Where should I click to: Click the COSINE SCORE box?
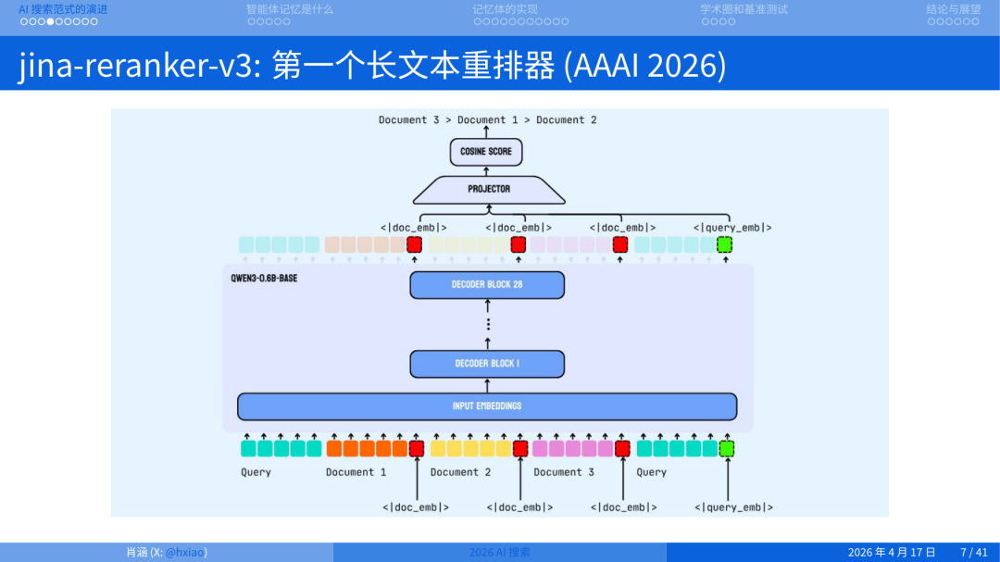[486, 152]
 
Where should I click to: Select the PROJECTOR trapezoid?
[488, 189]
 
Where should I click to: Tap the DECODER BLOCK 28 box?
[487, 284]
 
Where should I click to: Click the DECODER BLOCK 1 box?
[487, 364]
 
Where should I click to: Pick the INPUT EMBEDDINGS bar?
[487, 406]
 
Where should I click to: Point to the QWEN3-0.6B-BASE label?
[264, 278]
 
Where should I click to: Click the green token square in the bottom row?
[726, 449]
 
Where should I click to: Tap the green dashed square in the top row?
[725, 244]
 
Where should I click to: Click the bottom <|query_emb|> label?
[733, 507]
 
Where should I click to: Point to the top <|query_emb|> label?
[732, 228]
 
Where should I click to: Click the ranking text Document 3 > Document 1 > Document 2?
[487, 120]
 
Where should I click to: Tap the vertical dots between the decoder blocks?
[488, 324]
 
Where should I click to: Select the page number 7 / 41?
[974, 553]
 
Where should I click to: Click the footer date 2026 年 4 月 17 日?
[892, 553]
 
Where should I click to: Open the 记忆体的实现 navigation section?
[505, 9]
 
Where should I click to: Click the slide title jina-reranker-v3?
[139, 66]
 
